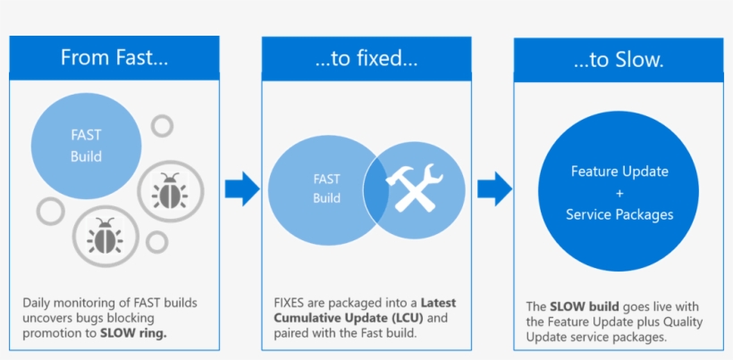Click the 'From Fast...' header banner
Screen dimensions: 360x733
(x=114, y=58)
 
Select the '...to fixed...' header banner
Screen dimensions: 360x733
(x=366, y=58)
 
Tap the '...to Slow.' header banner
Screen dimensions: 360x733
(x=619, y=59)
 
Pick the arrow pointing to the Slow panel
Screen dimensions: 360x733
(x=494, y=188)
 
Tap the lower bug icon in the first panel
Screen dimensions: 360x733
(x=105, y=236)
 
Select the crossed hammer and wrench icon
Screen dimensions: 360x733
(x=414, y=189)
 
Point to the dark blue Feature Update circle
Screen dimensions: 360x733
(x=619, y=192)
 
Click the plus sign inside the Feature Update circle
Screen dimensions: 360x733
(x=619, y=192)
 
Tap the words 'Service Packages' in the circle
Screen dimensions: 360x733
(x=619, y=214)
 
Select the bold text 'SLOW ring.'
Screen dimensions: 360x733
(x=134, y=333)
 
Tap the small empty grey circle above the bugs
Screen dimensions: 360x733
(x=162, y=126)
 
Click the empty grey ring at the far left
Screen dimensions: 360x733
(x=50, y=211)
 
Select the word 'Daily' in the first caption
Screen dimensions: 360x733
(x=38, y=303)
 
